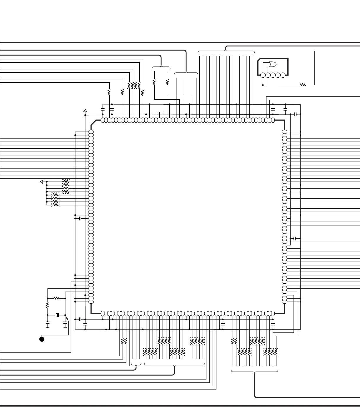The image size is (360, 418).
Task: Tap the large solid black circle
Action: (x=42, y=339)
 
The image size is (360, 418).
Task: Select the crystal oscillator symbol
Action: (x=57, y=315)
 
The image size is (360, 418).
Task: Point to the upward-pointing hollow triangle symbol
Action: (x=85, y=111)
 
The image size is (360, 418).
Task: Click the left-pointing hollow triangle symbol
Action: (x=41, y=182)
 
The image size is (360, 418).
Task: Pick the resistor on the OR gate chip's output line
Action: (x=303, y=85)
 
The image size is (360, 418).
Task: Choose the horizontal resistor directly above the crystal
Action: (x=57, y=298)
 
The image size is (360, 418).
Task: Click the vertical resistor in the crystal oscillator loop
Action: (x=47, y=305)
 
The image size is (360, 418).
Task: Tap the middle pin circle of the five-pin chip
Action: (x=273, y=75)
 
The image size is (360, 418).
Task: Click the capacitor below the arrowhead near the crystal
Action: (x=65, y=325)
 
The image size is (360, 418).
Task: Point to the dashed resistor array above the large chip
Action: (x=134, y=85)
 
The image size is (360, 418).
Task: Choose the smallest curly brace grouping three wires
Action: (x=136, y=366)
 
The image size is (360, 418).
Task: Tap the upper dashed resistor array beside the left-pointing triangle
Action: (x=66, y=186)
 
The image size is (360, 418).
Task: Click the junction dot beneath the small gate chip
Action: (x=263, y=85)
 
